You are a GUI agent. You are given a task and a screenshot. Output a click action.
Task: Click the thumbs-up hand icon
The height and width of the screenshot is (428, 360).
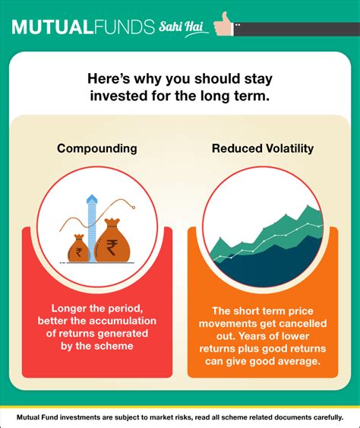coord(223,24)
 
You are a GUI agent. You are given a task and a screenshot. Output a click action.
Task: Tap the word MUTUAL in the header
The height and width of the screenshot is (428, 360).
coord(51,27)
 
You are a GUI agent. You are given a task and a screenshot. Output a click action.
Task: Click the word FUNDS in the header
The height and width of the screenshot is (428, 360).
coord(123,27)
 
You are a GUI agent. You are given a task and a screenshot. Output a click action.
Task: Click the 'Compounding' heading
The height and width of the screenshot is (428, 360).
coord(97,149)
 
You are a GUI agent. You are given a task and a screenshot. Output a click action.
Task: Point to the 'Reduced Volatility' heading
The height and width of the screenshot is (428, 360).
coord(263,148)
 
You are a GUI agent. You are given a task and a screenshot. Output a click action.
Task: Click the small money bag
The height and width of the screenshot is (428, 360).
coord(78,248)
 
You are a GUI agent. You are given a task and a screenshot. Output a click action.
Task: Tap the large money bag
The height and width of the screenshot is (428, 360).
coord(112,240)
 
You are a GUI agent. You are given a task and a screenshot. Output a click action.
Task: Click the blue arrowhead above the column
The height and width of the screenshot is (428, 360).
coord(92,198)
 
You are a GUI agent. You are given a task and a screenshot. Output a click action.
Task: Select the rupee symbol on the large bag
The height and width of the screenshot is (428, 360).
coord(112,247)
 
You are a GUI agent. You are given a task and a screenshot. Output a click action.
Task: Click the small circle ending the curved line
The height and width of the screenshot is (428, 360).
coord(134,208)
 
